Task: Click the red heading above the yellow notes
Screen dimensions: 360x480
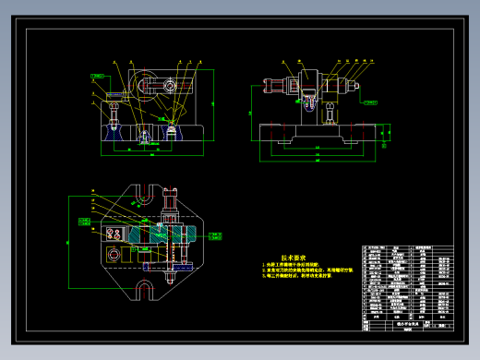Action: (x=294, y=258)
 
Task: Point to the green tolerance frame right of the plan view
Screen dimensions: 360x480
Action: (x=215, y=236)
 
